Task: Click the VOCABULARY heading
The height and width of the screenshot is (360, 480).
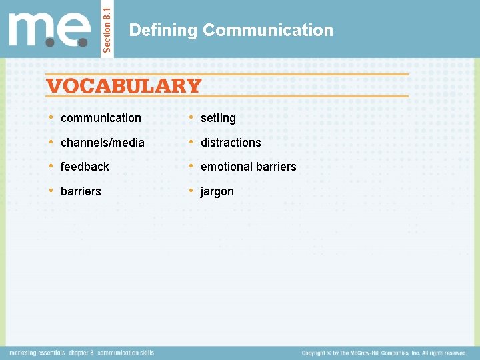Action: pyautogui.click(x=123, y=86)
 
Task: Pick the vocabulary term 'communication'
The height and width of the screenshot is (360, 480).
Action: pyautogui.click(x=101, y=118)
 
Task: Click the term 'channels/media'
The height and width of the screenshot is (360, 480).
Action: pyautogui.click(x=102, y=143)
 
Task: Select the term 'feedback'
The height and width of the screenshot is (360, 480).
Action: pyautogui.click(x=85, y=167)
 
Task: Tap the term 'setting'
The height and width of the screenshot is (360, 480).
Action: pyautogui.click(x=218, y=118)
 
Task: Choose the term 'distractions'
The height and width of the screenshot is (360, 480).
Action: pyautogui.click(x=231, y=143)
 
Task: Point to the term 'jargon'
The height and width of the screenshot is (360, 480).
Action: pyautogui.click(x=217, y=191)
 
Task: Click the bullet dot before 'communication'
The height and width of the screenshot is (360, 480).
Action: pyautogui.click(x=51, y=118)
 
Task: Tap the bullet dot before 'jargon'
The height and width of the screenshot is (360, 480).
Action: pyautogui.click(x=191, y=191)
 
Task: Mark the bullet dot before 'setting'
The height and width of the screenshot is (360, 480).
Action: pyautogui.click(x=191, y=118)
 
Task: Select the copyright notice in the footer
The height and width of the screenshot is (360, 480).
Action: pyautogui.click(x=384, y=352)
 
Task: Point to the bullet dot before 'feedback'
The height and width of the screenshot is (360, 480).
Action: pyautogui.click(x=51, y=167)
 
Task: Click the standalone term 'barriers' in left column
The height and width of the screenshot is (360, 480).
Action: pyautogui.click(x=81, y=191)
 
